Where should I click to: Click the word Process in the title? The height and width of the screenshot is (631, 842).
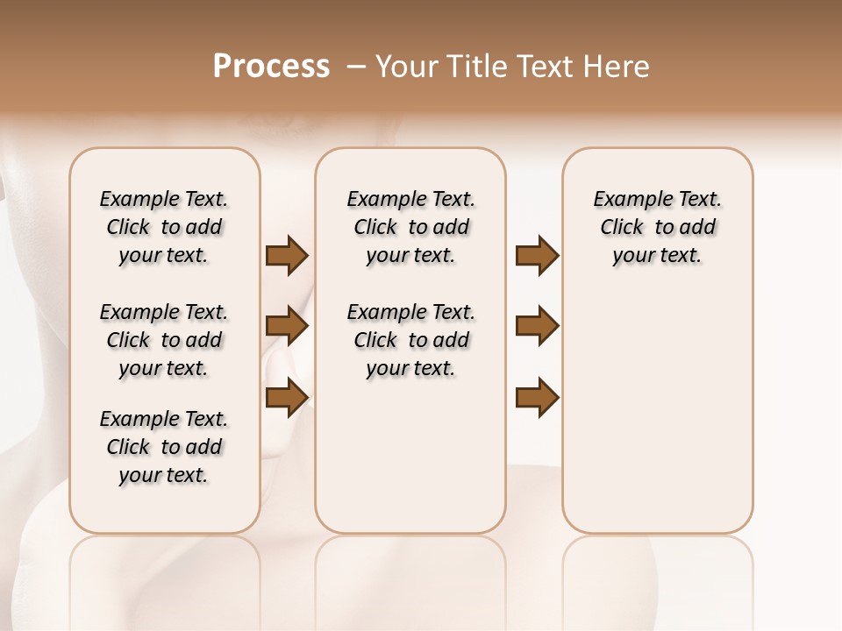click(x=271, y=67)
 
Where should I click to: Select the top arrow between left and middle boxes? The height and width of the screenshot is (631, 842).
click(x=286, y=255)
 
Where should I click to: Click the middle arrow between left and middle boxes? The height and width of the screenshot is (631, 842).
click(x=286, y=326)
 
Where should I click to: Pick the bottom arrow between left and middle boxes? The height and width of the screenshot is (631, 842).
click(x=286, y=397)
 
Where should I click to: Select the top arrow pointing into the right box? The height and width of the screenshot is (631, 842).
click(x=537, y=255)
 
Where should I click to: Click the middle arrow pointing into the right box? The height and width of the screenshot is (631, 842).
click(x=537, y=326)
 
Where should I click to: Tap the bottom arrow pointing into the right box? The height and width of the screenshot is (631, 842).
click(x=537, y=397)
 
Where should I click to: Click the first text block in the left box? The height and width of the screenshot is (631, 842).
click(x=164, y=227)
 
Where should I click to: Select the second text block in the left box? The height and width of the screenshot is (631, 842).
click(x=164, y=340)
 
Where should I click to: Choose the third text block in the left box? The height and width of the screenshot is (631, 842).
click(x=164, y=447)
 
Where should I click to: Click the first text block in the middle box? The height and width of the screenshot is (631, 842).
click(x=410, y=227)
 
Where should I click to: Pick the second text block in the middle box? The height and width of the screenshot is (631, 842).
click(x=410, y=340)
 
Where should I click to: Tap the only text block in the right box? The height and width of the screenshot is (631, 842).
click(x=657, y=227)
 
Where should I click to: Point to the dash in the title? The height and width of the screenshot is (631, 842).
click(x=357, y=67)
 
